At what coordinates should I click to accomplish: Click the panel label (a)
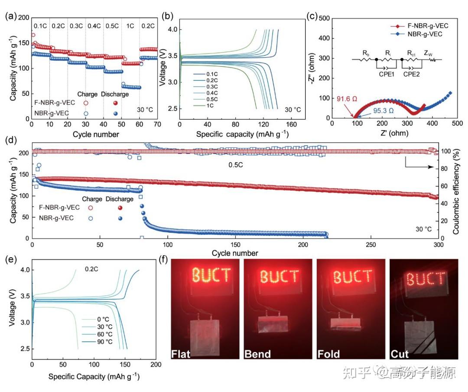(11, 17)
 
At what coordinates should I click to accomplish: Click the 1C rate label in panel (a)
(130, 25)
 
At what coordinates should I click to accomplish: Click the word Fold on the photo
(329, 353)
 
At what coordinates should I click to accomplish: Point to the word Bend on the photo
(257, 353)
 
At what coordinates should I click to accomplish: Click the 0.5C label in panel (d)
(237, 165)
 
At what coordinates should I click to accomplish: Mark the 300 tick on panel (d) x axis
(439, 245)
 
